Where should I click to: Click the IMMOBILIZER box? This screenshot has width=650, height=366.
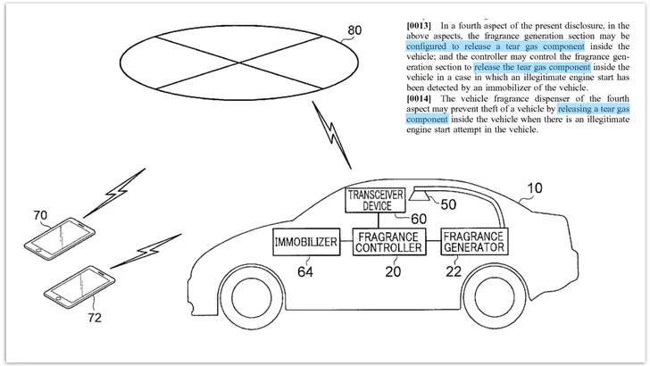(306, 242)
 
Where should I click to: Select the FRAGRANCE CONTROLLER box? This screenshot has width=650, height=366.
(389, 242)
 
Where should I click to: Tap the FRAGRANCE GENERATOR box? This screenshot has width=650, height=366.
(474, 241)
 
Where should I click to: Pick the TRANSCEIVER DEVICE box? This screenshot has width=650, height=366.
(376, 200)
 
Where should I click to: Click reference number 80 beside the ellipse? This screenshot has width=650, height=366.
(354, 30)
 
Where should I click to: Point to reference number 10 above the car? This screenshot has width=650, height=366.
(534, 188)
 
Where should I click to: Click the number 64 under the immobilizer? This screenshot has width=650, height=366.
(305, 272)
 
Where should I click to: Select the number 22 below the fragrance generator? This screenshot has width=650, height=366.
(454, 271)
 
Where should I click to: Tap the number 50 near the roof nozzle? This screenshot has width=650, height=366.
(448, 204)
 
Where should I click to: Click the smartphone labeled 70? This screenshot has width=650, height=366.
(59, 238)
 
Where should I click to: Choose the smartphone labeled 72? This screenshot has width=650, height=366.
(79, 287)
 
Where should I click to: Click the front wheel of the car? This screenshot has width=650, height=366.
(252, 296)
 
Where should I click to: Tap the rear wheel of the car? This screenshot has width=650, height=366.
(494, 296)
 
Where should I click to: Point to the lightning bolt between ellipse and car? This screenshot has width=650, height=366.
(331, 135)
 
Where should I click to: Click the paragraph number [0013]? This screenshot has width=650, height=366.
(419, 26)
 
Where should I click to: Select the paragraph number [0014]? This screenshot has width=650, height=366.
(419, 99)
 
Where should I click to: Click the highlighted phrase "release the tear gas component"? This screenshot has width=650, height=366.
(532, 67)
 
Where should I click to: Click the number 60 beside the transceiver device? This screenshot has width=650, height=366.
(419, 219)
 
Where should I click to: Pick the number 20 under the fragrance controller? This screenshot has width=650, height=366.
(393, 271)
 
